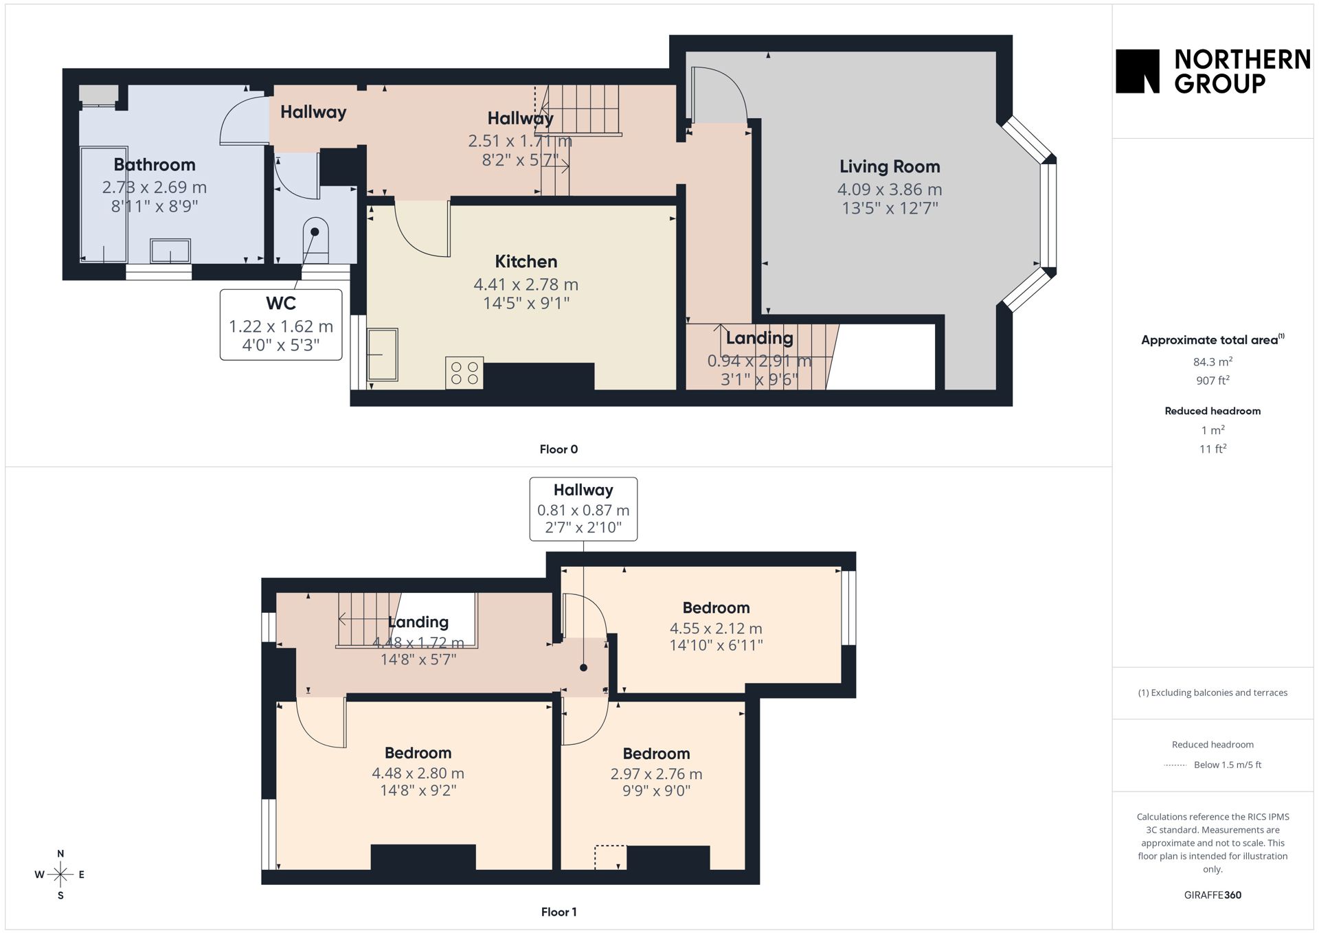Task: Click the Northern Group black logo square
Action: [x=1137, y=71]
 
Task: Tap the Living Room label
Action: [x=890, y=166]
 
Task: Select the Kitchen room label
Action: [x=526, y=261]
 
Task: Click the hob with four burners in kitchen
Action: [x=464, y=373]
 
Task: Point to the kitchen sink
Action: [x=382, y=355]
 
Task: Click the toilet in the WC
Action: [x=315, y=240]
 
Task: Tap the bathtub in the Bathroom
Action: [x=104, y=204]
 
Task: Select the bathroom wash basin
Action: [x=170, y=251]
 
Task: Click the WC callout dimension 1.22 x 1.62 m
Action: [x=281, y=326]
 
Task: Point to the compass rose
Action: [x=60, y=875]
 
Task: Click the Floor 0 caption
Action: [x=559, y=449]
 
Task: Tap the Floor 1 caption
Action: [x=559, y=912]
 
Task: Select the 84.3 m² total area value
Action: [x=1213, y=361]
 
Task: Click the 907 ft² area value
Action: [x=1213, y=380]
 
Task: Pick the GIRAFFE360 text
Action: [x=1213, y=895]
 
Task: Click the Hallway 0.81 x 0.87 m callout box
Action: [x=583, y=509]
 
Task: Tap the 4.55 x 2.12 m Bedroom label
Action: [x=716, y=607]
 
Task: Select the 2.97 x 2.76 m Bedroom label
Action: [x=656, y=753]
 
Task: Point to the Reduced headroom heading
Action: [x=1213, y=411]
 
